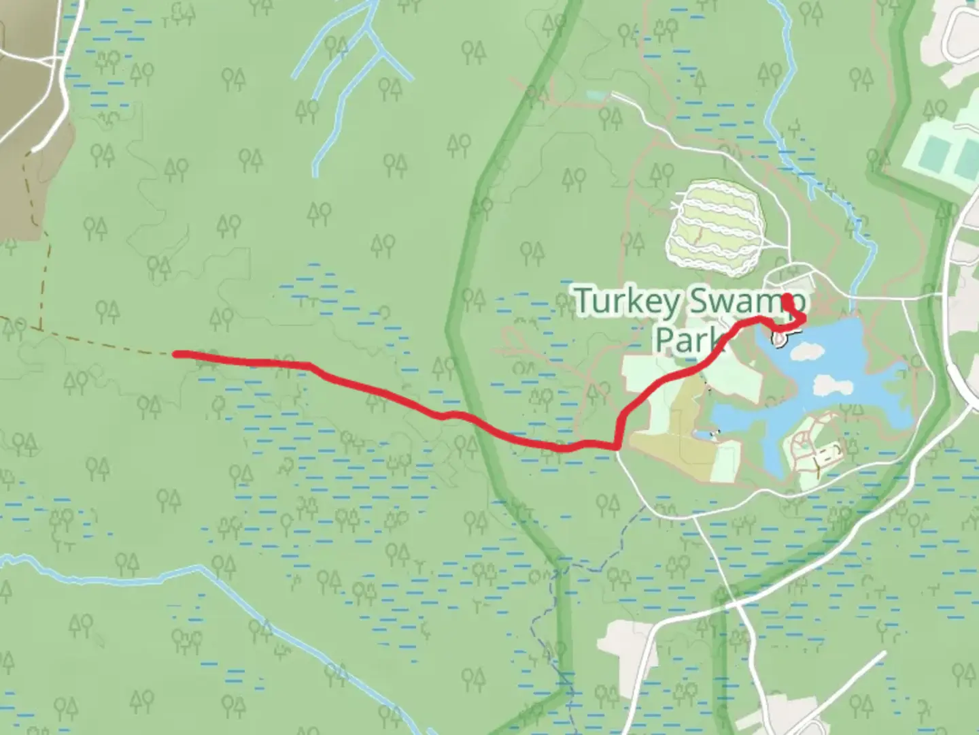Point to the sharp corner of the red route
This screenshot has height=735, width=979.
coord(617,446)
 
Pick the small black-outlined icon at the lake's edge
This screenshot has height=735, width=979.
coord(778,338)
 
